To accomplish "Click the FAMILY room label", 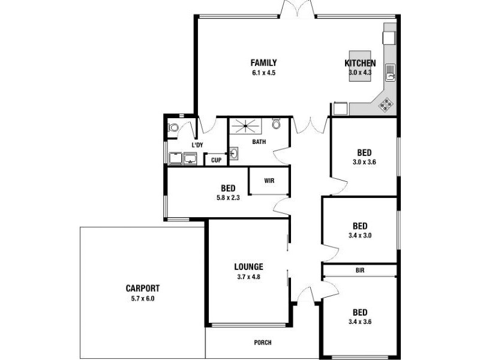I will point(263,62).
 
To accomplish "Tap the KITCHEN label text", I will point(360,64).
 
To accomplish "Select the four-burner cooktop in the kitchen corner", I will point(386,104).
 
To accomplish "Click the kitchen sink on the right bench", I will point(390,72).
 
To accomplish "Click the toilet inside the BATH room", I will point(276,124).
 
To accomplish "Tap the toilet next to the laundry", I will point(173,127).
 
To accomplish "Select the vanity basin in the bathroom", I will point(233,154).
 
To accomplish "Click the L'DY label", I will point(197,145).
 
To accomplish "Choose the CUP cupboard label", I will point(216,160).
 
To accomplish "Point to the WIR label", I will point(269,180).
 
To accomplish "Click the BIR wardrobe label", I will point(360,271).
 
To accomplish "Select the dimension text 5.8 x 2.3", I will point(228,197).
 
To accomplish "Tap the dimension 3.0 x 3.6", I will point(364,162).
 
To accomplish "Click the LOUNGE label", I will point(248,268).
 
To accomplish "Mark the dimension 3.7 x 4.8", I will point(248,277).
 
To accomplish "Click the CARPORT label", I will point(142,288).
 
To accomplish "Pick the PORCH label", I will point(263,343).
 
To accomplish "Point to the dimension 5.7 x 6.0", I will point(142,298).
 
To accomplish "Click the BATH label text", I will point(259,142).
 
